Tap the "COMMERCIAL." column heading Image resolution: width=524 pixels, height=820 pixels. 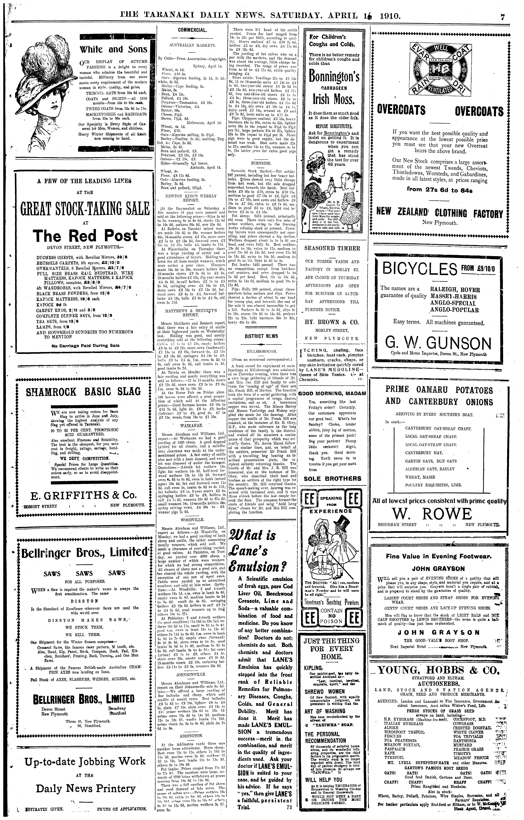(x=193, y=30)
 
